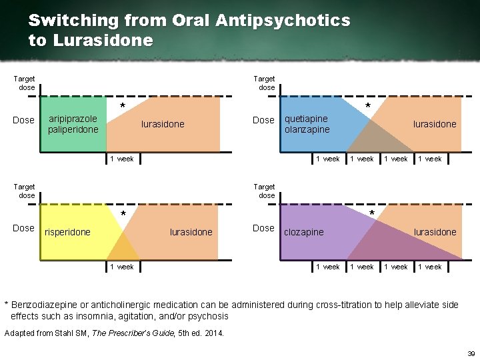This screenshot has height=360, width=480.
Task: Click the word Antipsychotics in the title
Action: tap(283, 21)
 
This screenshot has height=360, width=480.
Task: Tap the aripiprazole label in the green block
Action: tap(73, 119)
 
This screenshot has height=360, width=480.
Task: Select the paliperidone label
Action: tap(73, 129)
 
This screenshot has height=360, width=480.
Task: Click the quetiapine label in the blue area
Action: tap(306, 119)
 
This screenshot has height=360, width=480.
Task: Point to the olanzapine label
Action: tap(307, 129)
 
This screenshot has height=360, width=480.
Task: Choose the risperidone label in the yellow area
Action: tap(67, 232)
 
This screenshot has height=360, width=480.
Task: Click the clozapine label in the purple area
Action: tap(304, 232)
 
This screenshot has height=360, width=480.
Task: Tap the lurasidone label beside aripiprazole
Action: tap(163, 124)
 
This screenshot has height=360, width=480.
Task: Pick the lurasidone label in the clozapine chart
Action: tap(435, 232)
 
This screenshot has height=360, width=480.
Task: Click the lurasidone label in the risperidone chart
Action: tap(191, 232)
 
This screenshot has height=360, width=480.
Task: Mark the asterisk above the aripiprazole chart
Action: tap(122, 107)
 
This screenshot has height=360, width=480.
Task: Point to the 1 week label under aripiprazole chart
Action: tap(122, 159)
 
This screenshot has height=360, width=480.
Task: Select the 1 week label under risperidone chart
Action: tap(122, 267)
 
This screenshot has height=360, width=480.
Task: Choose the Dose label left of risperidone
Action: tap(23, 228)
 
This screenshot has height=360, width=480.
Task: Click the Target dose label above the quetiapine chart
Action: tap(266, 83)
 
